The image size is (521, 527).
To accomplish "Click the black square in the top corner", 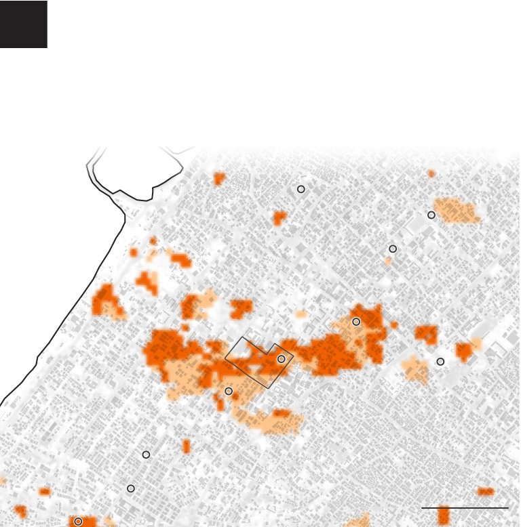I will tap(23, 24).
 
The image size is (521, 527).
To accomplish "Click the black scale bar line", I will tap(465, 507).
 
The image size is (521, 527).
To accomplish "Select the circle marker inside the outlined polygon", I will tap(281, 359).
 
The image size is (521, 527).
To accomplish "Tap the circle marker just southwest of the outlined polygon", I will tap(229, 391).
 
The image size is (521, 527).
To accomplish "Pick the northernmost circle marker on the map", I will tap(301, 189).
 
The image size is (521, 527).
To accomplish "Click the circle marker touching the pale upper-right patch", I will tap(431, 215).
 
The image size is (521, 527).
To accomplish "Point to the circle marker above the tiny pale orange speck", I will tap(392, 249).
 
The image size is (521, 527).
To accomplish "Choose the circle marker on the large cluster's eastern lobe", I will tap(355, 322).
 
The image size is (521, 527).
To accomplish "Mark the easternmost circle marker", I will tap(440, 362).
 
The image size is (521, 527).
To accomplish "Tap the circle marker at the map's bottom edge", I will tap(78, 522).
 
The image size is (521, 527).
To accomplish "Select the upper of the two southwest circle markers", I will tap(146, 455).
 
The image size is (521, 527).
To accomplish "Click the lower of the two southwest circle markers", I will tap(131, 488).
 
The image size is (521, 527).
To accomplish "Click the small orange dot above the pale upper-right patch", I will tap(431, 174).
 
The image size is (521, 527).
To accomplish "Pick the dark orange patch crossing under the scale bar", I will tap(444, 515).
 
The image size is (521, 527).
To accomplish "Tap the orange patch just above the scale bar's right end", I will tap(485, 492).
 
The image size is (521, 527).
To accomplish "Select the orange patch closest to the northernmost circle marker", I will tap(279, 218).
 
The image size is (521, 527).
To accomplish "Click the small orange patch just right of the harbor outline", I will tap(218, 179).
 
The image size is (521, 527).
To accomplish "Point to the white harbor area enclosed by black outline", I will tap(136, 169).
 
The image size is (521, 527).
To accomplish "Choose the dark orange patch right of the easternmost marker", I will tap(463, 351).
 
